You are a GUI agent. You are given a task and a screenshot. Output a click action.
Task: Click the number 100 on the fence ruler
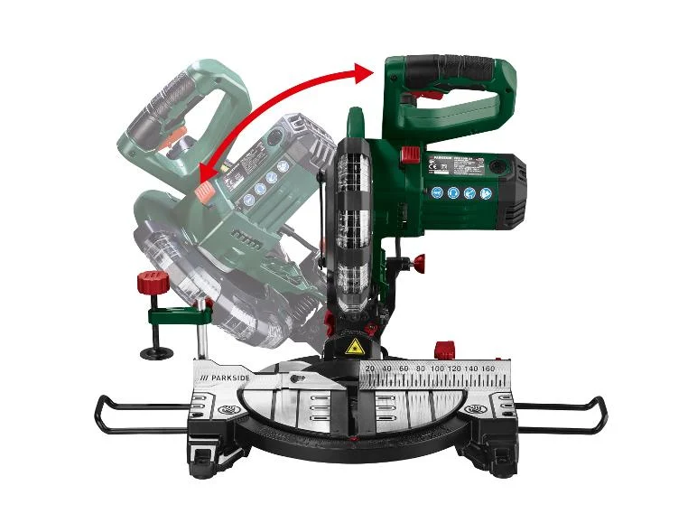coord(436,369)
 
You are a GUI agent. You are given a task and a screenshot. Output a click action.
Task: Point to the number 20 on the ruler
coord(368,369)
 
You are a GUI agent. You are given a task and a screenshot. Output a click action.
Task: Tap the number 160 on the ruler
coord(489,369)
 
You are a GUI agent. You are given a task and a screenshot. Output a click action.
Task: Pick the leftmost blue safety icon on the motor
coord(438,192)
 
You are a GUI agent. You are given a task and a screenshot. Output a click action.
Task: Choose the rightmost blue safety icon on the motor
coord(486,192)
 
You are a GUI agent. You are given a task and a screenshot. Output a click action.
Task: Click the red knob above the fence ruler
coord(442,349)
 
